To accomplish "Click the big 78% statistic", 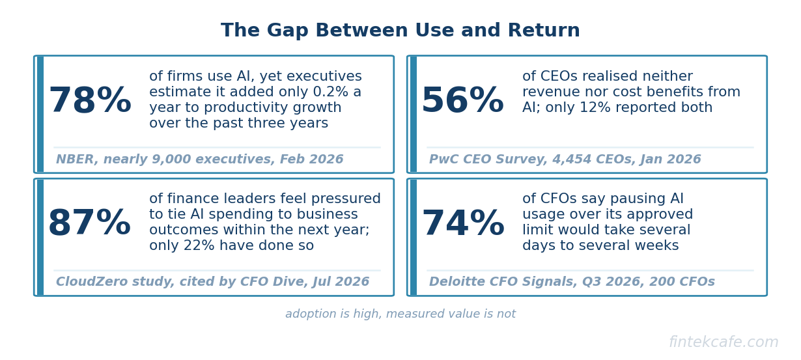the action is tap(90, 100).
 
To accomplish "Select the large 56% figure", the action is tap(463, 100).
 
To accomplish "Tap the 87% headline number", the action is tap(90, 223).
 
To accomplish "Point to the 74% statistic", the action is tap(463, 223).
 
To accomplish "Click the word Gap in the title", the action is tap(287, 30).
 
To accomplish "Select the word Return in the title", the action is tap(544, 30).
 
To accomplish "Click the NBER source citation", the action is tap(199, 159).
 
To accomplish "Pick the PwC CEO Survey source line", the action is tap(565, 159).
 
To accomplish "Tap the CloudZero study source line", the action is tap(212, 282).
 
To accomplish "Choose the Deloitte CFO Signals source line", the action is tap(572, 282).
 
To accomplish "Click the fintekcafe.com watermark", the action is tap(724, 342).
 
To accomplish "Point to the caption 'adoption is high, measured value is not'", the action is tap(400, 314).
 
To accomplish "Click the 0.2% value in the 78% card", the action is tap(330, 92).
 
